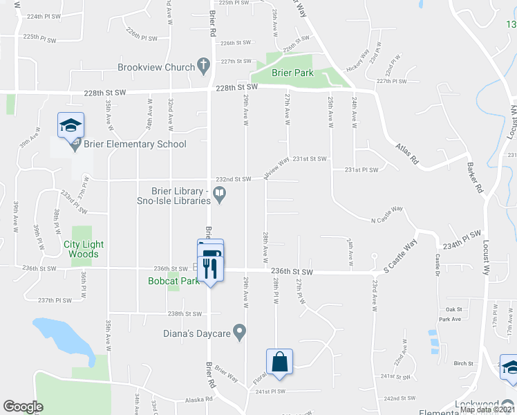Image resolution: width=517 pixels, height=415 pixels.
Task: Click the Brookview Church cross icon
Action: click(x=203, y=67)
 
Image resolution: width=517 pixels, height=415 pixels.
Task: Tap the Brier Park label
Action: click(x=292, y=73)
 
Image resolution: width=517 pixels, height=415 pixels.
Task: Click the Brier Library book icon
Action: click(x=220, y=196)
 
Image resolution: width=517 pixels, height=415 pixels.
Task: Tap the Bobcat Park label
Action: click(x=173, y=281)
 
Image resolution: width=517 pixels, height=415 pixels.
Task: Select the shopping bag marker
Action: click(x=279, y=362)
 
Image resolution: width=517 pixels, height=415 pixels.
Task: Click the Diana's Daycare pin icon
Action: click(x=240, y=333)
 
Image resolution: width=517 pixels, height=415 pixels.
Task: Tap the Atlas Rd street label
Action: click(x=407, y=153)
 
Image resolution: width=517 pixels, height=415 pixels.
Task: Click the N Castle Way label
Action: click(x=387, y=215)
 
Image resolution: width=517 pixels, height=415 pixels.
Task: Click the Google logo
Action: click(x=23, y=407)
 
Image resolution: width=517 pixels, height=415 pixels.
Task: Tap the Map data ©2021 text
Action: click(x=487, y=409)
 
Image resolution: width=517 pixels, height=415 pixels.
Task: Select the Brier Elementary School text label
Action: click(x=135, y=145)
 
